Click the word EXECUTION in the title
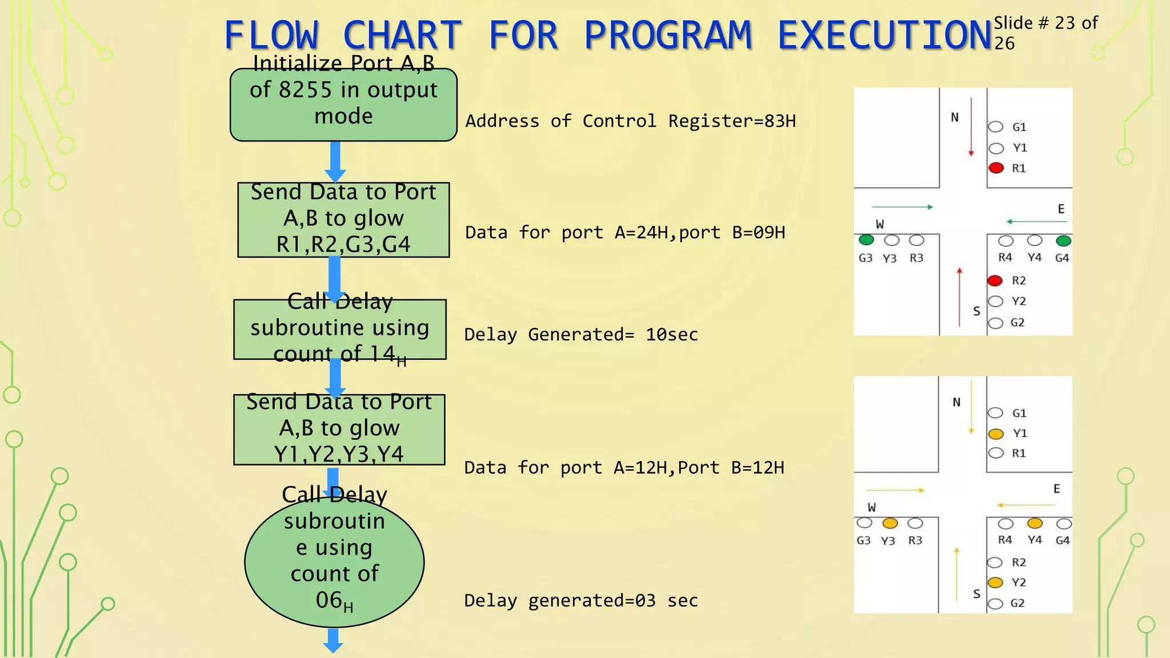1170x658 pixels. click(x=884, y=35)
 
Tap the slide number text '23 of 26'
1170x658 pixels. click(x=1045, y=33)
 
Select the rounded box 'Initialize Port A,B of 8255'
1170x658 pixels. click(x=343, y=105)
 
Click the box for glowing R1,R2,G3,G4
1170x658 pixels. click(x=343, y=220)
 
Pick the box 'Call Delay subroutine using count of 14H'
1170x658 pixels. click(x=340, y=330)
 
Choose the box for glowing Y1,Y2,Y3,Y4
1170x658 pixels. click(x=339, y=430)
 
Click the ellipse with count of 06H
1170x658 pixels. click(x=334, y=562)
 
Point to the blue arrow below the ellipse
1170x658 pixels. click(x=333, y=640)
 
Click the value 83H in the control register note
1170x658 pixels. click(x=780, y=121)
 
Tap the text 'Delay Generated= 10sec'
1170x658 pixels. click(x=581, y=335)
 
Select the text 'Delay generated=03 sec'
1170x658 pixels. click(x=581, y=601)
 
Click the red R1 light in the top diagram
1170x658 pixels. click(x=996, y=168)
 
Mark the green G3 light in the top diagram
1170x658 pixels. click(x=866, y=240)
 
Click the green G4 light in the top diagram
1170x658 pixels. click(x=1063, y=240)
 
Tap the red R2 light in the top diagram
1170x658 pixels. click(x=995, y=280)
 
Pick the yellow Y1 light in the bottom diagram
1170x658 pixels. click(x=996, y=434)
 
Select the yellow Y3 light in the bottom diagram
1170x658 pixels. click(x=890, y=523)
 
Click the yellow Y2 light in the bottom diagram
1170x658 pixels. click(x=995, y=583)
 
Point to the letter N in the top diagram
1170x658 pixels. click(x=955, y=118)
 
